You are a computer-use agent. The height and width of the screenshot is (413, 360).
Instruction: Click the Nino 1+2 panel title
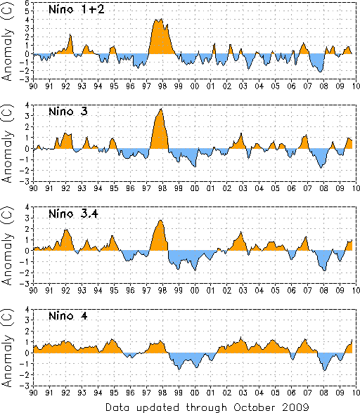tap(77, 10)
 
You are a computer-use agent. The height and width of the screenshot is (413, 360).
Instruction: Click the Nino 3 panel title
tap(68, 112)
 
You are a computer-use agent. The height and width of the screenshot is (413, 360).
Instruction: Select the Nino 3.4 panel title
tap(73, 214)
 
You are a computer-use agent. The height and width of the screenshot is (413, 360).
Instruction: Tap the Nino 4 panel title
tap(68, 315)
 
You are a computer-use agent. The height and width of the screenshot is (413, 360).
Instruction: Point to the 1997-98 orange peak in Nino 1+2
tap(161, 37)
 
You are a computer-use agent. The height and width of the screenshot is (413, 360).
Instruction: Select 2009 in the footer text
tap(295, 407)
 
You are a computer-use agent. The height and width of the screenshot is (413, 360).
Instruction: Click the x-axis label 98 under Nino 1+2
tap(162, 86)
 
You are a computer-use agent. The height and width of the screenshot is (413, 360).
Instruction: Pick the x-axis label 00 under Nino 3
tap(195, 188)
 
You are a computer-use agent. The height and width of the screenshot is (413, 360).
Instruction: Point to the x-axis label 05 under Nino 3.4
tap(276, 291)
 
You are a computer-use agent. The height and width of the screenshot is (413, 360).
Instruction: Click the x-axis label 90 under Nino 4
tap(33, 393)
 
